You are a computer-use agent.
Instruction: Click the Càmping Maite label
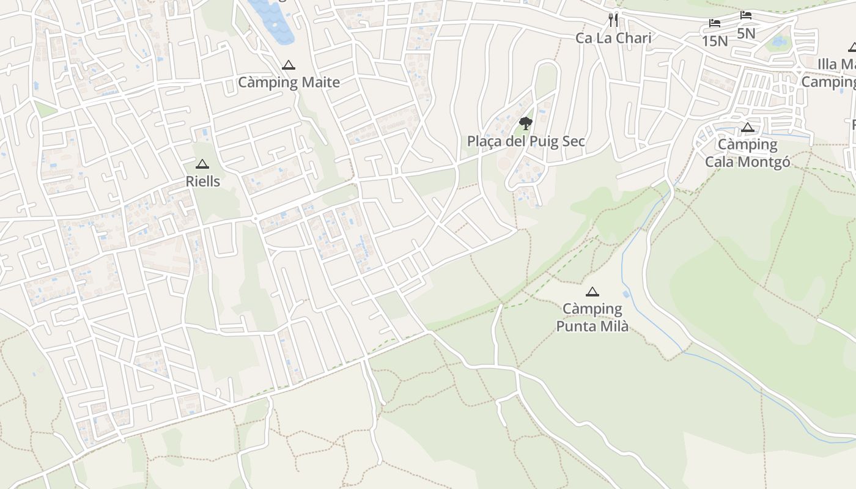[289, 82]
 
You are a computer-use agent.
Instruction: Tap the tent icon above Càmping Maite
[289, 65]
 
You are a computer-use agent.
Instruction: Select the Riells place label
[202, 182]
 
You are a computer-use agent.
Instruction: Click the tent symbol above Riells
[202, 164]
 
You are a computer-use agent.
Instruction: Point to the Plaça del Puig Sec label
[526, 141]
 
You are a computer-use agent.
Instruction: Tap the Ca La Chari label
[613, 38]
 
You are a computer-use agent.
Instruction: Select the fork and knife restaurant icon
[613, 21]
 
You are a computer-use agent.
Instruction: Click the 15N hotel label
[715, 41]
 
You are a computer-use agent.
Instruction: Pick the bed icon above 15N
[715, 24]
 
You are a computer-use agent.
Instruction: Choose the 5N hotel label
[746, 33]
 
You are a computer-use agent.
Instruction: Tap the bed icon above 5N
[746, 15]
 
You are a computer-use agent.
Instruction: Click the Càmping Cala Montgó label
[747, 153]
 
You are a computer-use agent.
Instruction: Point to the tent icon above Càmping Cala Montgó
[747, 128]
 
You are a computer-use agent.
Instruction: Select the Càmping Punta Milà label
[592, 317]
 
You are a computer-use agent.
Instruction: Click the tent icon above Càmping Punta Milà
[592, 292]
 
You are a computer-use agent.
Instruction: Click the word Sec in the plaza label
[572, 141]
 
